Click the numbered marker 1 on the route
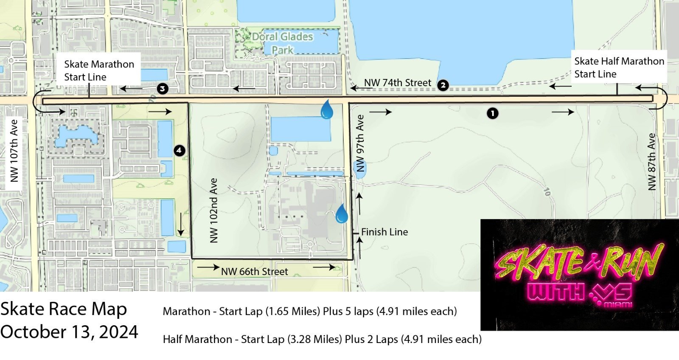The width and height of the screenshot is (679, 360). pyautogui.click(x=492, y=113)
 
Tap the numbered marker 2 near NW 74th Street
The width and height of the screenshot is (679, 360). pyautogui.click(x=443, y=85)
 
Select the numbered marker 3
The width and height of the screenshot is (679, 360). pyautogui.click(x=162, y=89)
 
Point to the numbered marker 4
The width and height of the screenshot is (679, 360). pyautogui.click(x=179, y=150)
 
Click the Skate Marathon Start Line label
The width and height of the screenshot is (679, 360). pyautogui.click(x=98, y=70)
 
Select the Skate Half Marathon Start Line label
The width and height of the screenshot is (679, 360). pyautogui.click(x=619, y=67)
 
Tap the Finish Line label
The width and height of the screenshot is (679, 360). pyautogui.click(x=384, y=232)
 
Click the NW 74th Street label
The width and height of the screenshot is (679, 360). pyautogui.click(x=397, y=83)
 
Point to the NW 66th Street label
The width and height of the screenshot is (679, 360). pyautogui.click(x=254, y=272)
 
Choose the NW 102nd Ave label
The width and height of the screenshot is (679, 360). pyautogui.click(x=213, y=211)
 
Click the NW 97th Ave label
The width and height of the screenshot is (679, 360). pyautogui.click(x=360, y=143)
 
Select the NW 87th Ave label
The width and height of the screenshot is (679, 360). pyautogui.click(x=651, y=162)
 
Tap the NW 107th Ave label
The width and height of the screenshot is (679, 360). pyautogui.click(x=14, y=151)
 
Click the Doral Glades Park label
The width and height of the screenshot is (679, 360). pyautogui.click(x=282, y=43)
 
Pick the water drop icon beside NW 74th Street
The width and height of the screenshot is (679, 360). pyautogui.click(x=326, y=110)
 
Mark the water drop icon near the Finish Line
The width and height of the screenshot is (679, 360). pyautogui.click(x=342, y=214)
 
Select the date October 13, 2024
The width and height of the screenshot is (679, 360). pyautogui.click(x=69, y=332)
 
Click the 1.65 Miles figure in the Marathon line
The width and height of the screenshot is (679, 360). pyautogui.click(x=292, y=311)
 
